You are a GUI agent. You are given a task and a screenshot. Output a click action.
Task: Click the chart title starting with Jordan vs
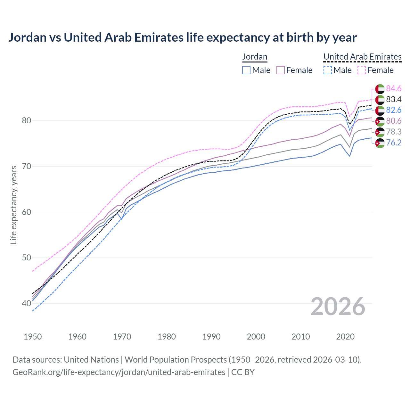tap(182, 37)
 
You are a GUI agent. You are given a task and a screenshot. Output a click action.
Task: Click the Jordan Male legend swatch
tap(246, 70)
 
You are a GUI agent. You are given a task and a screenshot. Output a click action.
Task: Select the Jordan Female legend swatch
tap(281, 70)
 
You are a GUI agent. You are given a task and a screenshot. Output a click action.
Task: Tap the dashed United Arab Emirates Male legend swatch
tap(327, 70)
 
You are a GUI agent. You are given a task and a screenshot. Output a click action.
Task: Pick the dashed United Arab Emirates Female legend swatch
tap(362, 70)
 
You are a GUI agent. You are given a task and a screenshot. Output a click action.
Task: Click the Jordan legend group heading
tap(255, 57)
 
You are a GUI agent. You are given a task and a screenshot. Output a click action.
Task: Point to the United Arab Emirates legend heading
tap(362, 57)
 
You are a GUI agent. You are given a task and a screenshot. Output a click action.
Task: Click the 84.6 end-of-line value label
tap(394, 88)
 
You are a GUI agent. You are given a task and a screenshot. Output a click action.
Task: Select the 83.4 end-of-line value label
tap(394, 99)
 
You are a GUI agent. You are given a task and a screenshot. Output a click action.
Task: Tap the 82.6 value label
tap(394, 110)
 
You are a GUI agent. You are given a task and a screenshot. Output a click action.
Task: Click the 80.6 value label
tap(394, 121)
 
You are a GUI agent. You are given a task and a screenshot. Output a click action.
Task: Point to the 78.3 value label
tap(394, 132)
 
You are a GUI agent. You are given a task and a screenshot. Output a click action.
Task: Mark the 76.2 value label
tap(394, 143)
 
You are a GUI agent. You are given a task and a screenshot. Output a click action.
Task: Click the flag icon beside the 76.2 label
tap(380, 143)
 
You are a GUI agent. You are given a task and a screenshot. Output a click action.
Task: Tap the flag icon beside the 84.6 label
tap(380, 89)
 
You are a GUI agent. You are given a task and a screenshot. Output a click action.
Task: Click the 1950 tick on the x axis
tap(33, 337)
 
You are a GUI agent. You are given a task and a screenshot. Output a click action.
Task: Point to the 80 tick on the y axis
tap(27, 121)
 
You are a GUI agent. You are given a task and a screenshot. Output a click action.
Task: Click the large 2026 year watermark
tap(338, 307)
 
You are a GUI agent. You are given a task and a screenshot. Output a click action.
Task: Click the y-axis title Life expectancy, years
tap(13, 205)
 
